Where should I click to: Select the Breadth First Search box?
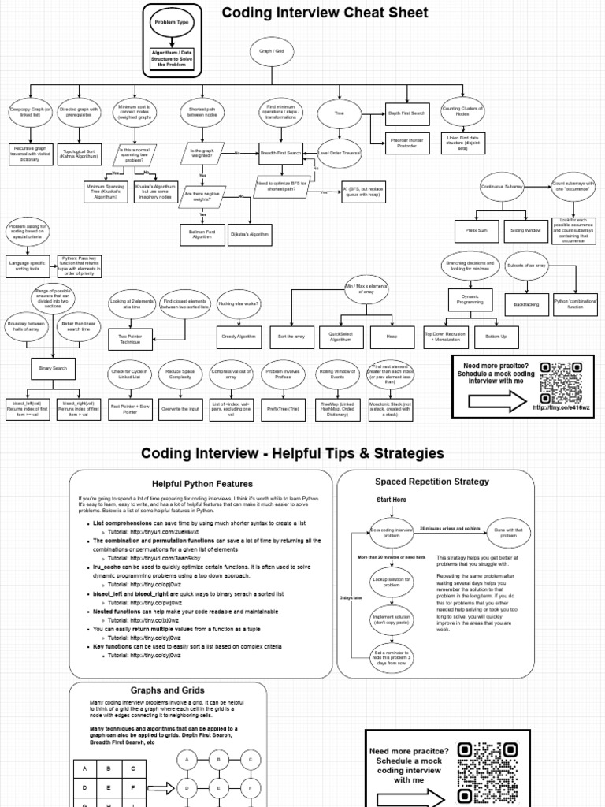pyautogui.click(x=281, y=151)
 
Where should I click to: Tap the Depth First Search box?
pyautogui.click(x=406, y=113)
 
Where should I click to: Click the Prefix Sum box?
pyautogui.click(x=477, y=231)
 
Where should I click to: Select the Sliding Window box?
pyautogui.click(x=525, y=231)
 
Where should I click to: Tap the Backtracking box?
pyautogui.click(x=526, y=303)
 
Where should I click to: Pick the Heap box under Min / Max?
pyautogui.click(x=392, y=337)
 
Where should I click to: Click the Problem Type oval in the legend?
pyautogui.click(x=171, y=23)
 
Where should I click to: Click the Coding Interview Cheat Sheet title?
pyautogui.click(x=325, y=13)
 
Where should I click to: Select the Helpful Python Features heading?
pyautogui.click(x=202, y=483)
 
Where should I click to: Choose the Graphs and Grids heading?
pyautogui.click(x=167, y=690)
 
